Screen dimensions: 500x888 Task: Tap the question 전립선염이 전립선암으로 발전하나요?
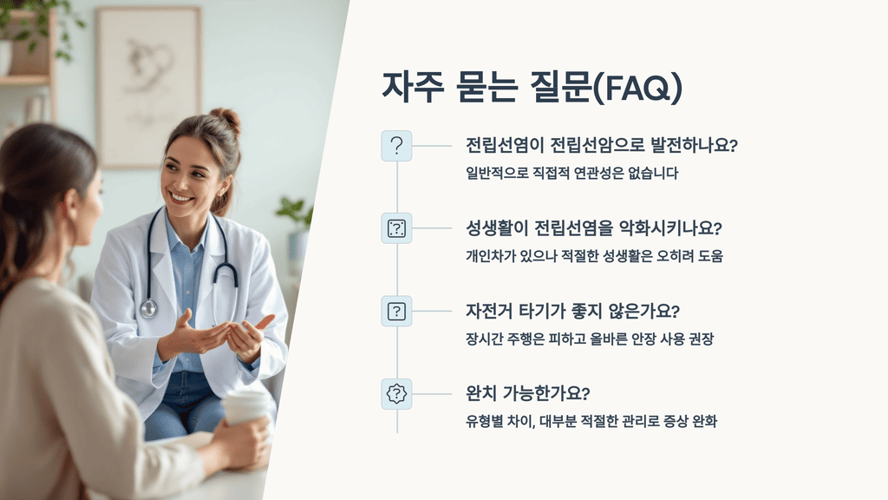tap(601, 145)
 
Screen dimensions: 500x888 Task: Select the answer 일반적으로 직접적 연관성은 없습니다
tap(571, 173)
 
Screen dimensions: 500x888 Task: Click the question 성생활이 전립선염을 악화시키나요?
tap(594, 228)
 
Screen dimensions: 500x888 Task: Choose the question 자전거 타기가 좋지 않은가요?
tap(572, 311)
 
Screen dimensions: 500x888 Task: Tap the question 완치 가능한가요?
tap(527, 393)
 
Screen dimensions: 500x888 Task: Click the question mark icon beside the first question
tap(396, 146)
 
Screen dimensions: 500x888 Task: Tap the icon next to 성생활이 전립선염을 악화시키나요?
tap(396, 228)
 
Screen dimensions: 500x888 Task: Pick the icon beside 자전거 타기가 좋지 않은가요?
tap(396, 311)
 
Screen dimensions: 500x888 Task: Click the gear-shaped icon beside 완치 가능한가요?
tap(396, 393)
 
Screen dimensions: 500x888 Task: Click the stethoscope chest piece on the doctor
tap(149, 307)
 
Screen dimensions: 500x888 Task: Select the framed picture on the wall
tap(148, 87)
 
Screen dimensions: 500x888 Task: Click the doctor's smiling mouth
tap(182, 197)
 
